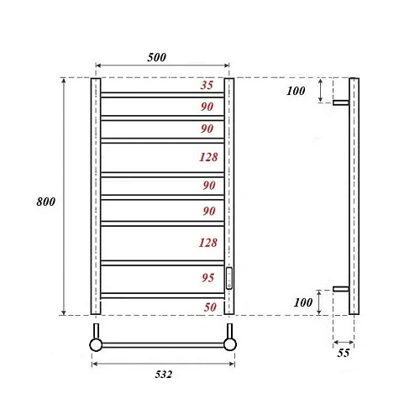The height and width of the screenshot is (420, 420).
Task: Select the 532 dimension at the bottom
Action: pyautogui.click(x=163, y=375)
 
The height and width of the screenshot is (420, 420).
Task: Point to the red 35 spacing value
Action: pyautogui.click(x=207, y=86)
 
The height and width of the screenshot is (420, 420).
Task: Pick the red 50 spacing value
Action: pyautogui.click(x=210, y=307)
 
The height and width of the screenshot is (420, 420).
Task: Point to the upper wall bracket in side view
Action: pyautogui.click(x=340, y=103)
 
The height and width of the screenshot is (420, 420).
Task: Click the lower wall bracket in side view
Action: pyautogui.click(x=340, y=289)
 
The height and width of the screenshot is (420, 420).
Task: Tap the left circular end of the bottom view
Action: pyautogui.click(x=96, y=344)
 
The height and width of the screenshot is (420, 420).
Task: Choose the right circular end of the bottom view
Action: pyautogui.click(x=230, y=344)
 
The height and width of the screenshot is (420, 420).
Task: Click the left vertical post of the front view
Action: pyautogui.click(x=95, y=197)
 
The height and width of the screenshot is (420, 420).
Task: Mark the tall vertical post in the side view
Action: pyautogui.click(x=354, y=197)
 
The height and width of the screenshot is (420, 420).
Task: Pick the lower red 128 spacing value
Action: pyautogui.click(x=208, y=243)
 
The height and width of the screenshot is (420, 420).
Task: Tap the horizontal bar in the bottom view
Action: pyautogui.click(x=163, y=344)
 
